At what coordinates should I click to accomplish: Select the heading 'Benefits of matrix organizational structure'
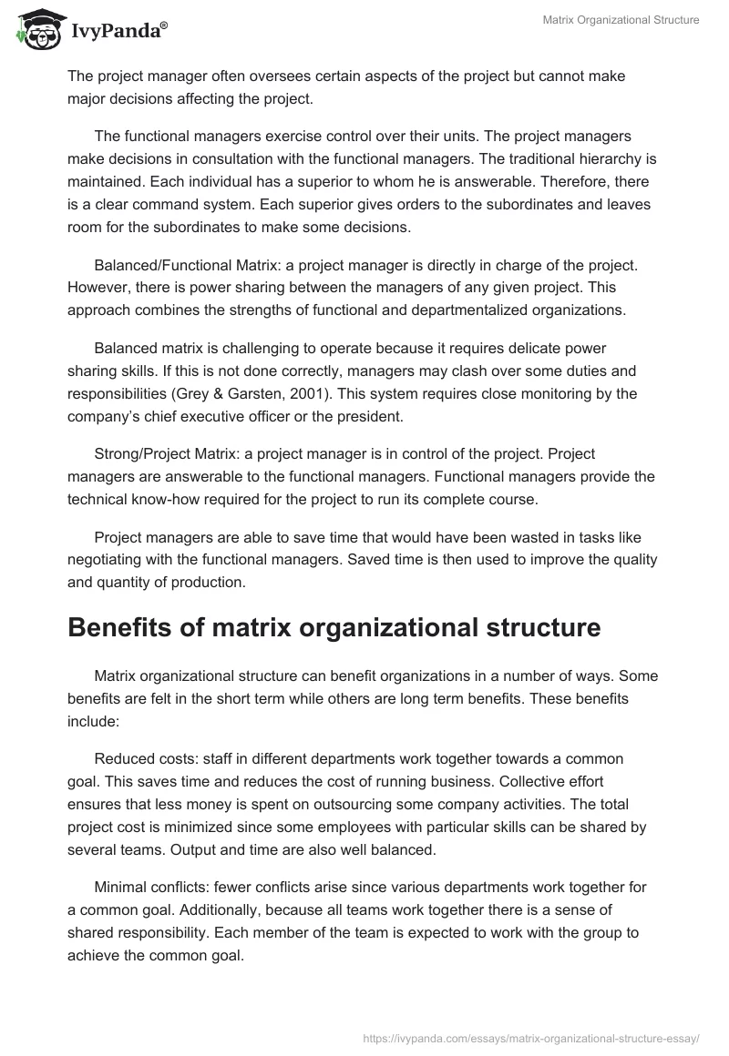click(x=334, y=627)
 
